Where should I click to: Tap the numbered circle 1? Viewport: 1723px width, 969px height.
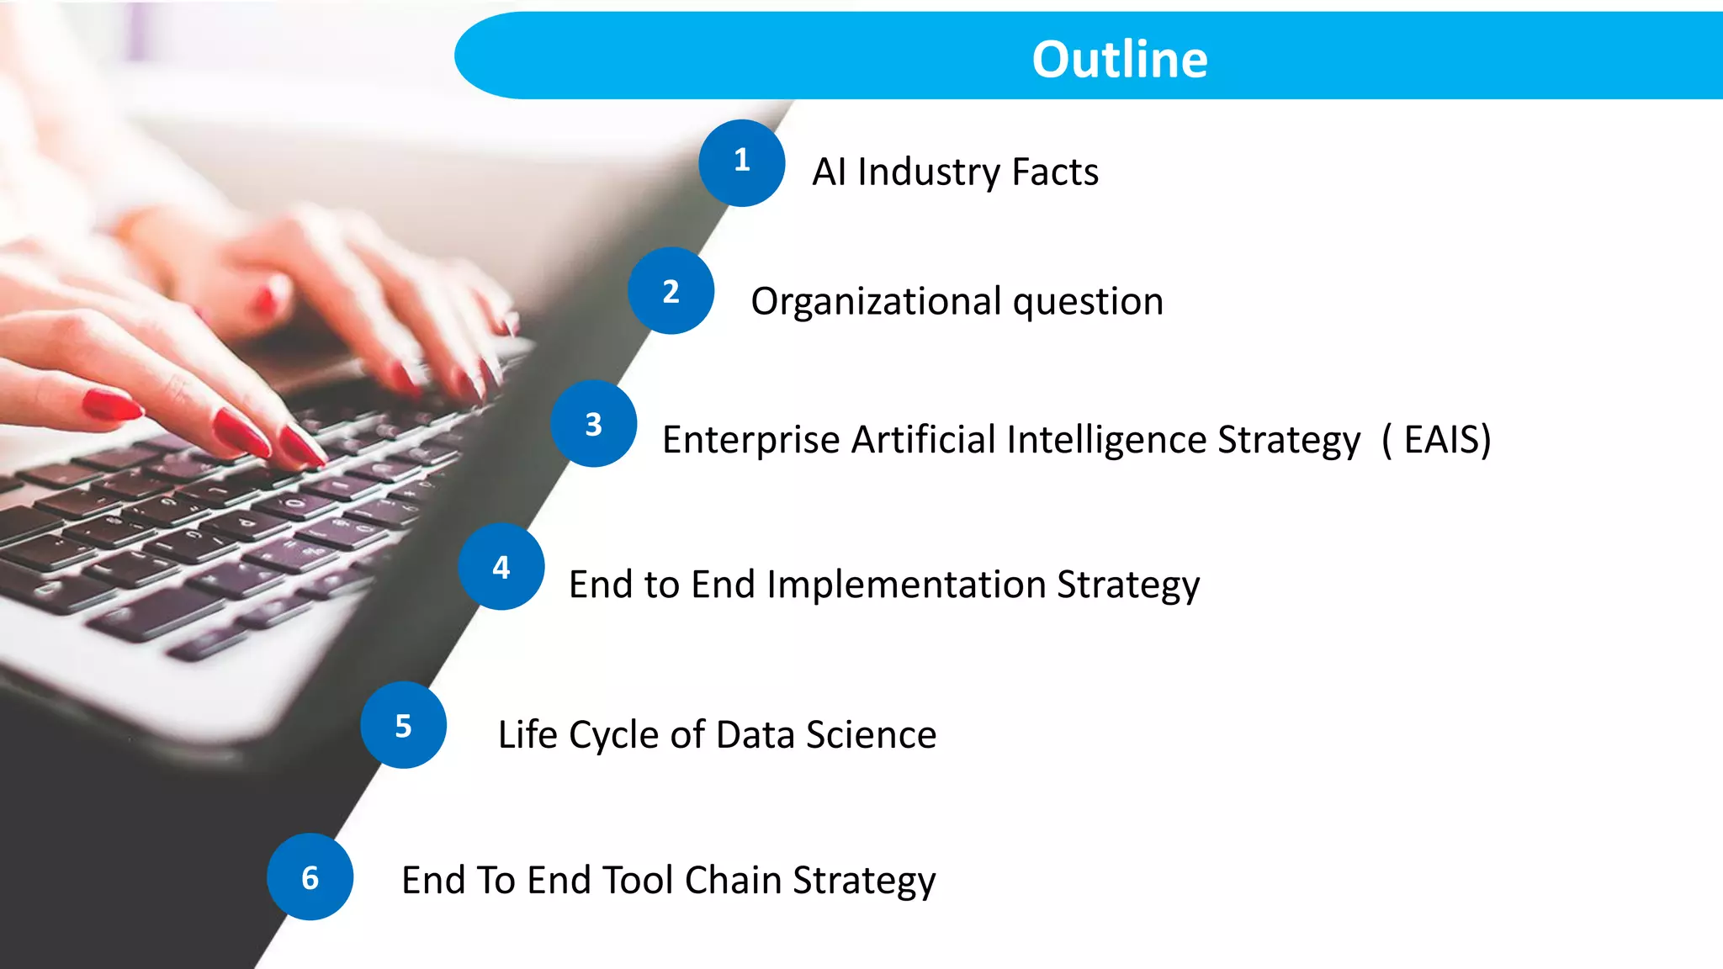click(741, 162)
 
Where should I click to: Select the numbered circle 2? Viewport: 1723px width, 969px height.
click(671, 291)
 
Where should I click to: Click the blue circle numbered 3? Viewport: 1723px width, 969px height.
click(593, 424)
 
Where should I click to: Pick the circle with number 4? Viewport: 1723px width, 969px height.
click(501, 567)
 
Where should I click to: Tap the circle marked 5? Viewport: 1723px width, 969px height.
click(403, 725)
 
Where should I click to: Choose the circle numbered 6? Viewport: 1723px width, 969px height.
click(310, 877)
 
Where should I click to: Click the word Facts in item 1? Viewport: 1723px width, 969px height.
click(1055, 172)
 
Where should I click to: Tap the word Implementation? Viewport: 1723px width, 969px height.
click(906, 584)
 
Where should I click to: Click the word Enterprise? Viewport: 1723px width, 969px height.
click(750, 439)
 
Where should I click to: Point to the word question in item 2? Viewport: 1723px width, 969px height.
click(1088, 301)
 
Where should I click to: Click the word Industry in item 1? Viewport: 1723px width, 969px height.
click(928, 172)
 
